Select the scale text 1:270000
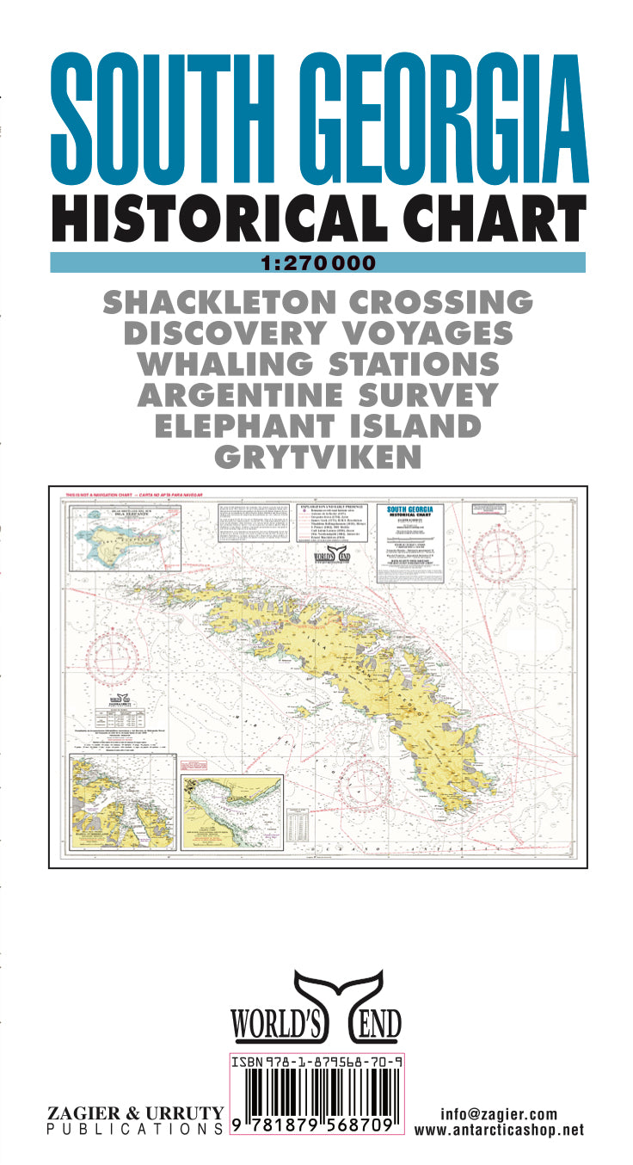point(317,263)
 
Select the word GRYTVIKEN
point(317,457)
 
